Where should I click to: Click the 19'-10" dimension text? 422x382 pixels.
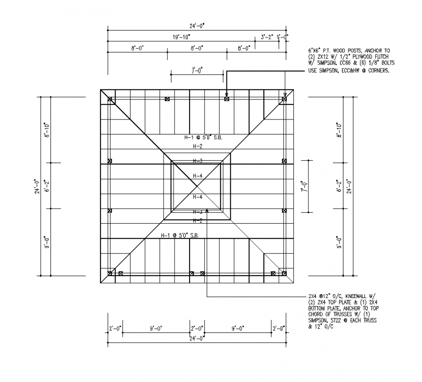(x=181, y=37)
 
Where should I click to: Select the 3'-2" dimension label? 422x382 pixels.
(x=267, y=37)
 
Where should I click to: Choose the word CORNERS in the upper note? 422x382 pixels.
(x=378, y=70)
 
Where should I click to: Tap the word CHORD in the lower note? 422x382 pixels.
(x=315, y=315)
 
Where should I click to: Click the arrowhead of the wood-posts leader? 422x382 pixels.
(x=227, y=96)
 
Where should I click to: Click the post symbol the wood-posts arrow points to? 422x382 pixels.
(x=227, y=99)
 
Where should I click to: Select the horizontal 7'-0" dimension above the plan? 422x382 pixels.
(x=197, y=71)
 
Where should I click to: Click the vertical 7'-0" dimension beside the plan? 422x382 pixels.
(x=304, y=186)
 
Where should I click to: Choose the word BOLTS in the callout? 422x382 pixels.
(x=386, y=63)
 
